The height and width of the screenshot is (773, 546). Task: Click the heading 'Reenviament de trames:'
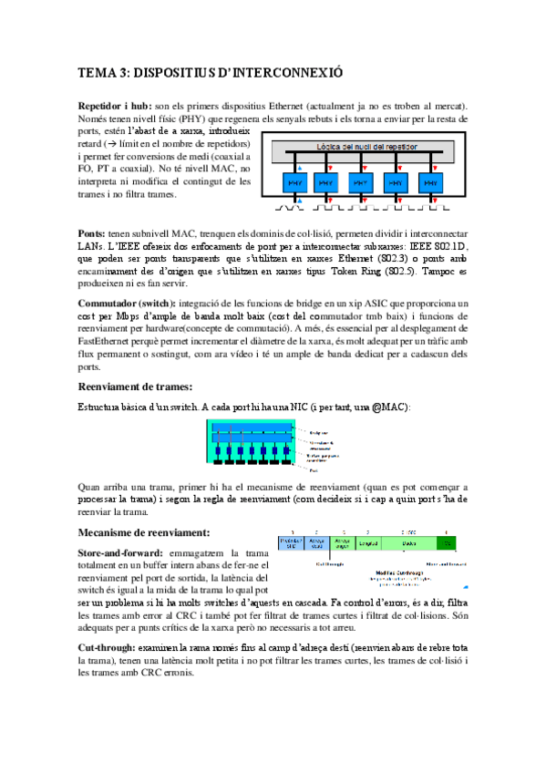pyautogui.click(x=136, y=386)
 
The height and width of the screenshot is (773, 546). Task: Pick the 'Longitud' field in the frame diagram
pyautogui.click(x=368, y=543)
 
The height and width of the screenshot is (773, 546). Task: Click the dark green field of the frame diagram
pyautogui.click(x=447, y=543)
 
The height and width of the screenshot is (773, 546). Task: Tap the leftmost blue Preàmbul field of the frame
pyautogui.click(x=291, y=543)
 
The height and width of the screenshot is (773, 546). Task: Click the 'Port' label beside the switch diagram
pyautogui.click(x=314, y=471)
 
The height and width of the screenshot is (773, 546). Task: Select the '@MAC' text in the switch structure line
pyautogui.click(x=389, y=406)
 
